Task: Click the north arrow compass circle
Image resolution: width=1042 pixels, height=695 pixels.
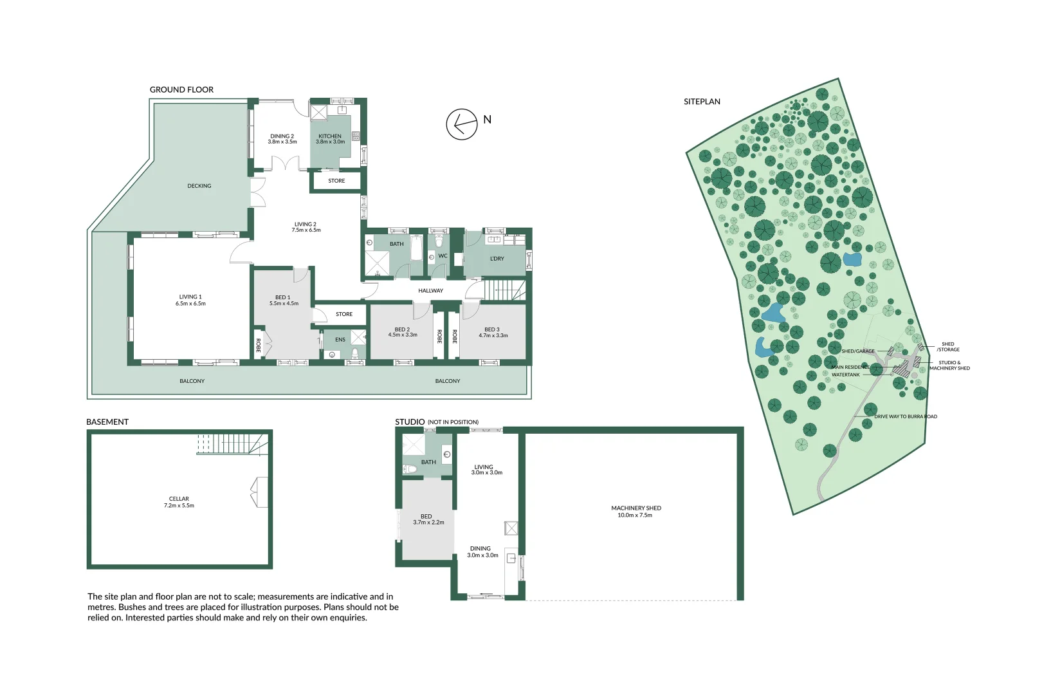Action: click(462, 124)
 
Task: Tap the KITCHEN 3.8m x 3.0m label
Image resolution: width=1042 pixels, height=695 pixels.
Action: click(330, 139)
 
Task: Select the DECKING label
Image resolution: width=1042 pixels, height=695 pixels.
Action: click(199, 186)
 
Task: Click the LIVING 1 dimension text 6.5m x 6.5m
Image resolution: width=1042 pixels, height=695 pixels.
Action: click(190, 304)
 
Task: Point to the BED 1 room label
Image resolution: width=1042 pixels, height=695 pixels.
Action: click(283, 298)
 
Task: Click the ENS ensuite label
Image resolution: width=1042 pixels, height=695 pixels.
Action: click(340, 340)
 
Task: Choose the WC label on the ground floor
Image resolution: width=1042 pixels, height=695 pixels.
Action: click(443, 256)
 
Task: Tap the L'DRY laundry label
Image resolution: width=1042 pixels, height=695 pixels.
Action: click(497, 259)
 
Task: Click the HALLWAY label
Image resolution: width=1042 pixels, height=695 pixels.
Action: click(430, 291)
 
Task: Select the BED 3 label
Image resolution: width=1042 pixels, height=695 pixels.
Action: click(492, 329)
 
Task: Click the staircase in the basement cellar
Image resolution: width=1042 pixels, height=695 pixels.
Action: click(232, 444)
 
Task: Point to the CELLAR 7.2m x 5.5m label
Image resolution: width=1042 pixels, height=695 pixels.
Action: click(179, 502)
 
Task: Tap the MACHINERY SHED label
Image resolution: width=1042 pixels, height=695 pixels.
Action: click(636, 512)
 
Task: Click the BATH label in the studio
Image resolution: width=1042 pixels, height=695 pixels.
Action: click(428, 462)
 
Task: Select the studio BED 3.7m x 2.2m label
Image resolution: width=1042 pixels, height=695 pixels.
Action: click(428, 519)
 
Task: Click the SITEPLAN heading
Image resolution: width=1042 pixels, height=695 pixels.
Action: click(702, 102)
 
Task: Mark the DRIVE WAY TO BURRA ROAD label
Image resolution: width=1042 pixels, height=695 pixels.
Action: click(905, 416)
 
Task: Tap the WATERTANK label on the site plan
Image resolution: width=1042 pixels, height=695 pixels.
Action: click(845, 375)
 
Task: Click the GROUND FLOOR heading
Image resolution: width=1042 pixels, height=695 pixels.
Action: click(181, 89)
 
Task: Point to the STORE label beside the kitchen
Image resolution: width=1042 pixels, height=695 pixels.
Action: click(336, 181)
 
